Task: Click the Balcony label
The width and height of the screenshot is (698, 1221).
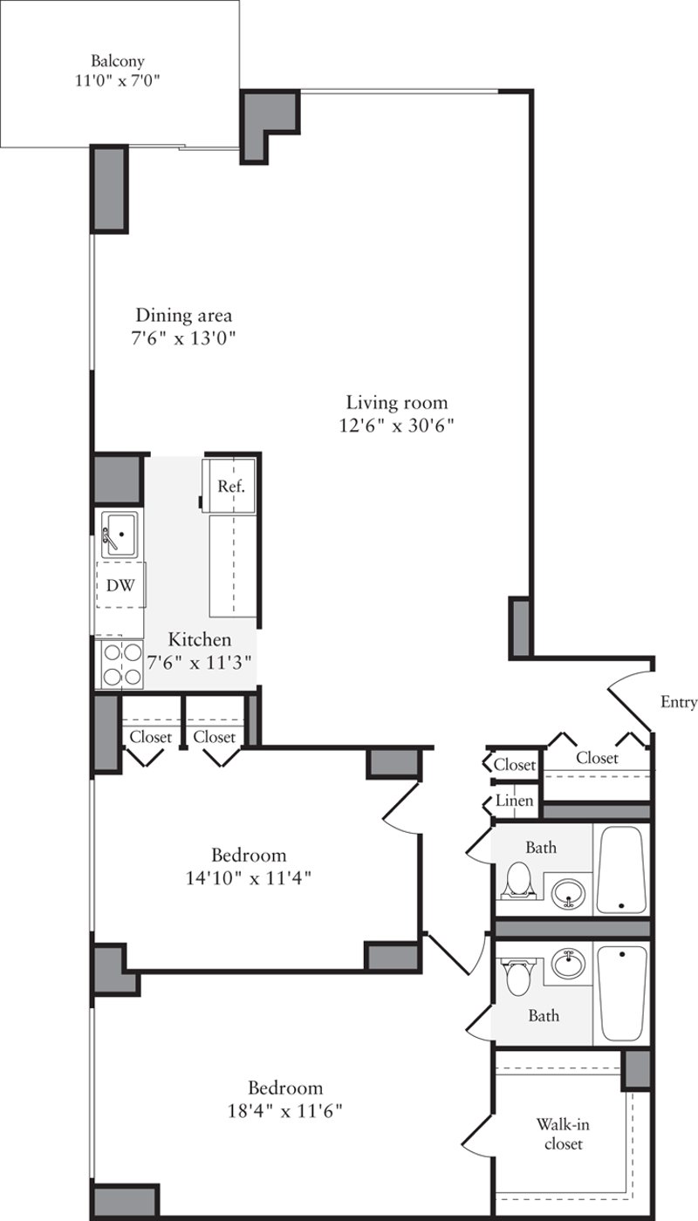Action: click(x=117, y=61)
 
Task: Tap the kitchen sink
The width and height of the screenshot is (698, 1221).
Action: click(x=119, y=533)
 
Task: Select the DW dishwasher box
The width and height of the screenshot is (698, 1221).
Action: click(x=120, y=586)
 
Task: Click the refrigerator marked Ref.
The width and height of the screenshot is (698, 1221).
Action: click(x=230, y=486)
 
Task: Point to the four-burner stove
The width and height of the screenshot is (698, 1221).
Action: click(x=120, y=664)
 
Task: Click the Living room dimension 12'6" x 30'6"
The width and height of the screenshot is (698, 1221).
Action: click(x=397, y=426)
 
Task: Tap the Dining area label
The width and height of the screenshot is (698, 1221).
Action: click(x=183, y=315)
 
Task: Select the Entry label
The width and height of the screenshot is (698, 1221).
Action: click(x=678, y=702)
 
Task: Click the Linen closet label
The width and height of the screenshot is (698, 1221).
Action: click(x=515, y=800)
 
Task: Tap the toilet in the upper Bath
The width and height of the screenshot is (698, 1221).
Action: click(x=519, y=879)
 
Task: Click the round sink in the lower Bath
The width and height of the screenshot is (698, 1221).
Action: click(x=570, y=965)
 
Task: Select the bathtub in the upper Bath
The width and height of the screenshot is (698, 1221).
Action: click(x=621, y=870)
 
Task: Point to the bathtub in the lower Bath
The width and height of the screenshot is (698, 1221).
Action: click(x=622, y=994)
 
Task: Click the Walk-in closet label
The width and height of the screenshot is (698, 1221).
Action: click(x=559, y=1134)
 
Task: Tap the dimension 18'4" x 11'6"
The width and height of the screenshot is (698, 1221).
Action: click(x=284, y=1112)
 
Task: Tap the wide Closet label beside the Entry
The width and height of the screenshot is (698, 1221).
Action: click(x=597, y=758)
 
